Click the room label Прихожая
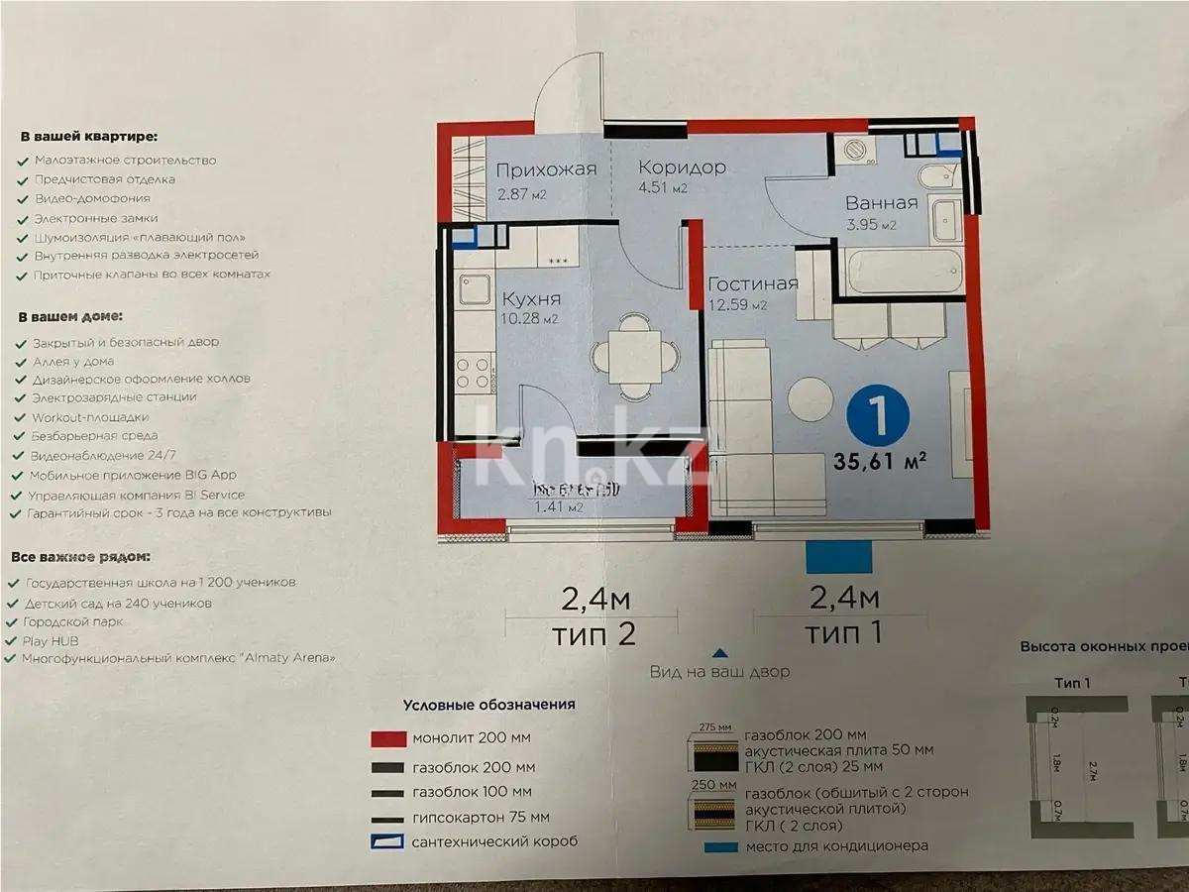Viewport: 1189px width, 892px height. pos(546,168)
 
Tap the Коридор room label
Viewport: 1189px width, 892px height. pos(682,167)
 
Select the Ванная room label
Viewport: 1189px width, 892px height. pos(881,202)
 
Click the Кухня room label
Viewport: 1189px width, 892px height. pos(531,298)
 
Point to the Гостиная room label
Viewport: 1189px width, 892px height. pos(753,284)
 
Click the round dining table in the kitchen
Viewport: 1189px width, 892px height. pos(635,356)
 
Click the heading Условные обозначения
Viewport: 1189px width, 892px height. pos(488,706)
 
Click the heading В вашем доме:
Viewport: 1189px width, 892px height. pos(69,317)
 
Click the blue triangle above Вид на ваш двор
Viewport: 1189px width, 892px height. pos(720,653)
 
